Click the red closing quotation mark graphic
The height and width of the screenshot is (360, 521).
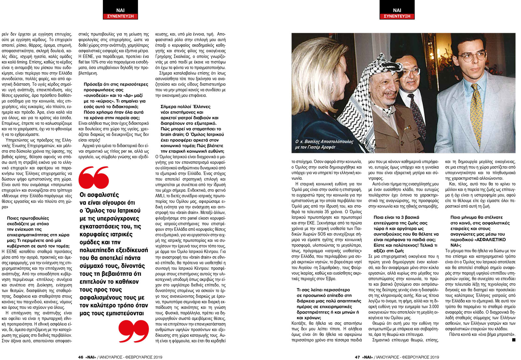(x=134, y=331)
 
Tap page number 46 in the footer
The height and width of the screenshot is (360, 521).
(x=81, y=357)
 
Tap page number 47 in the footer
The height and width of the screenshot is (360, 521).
(x=357, y=357)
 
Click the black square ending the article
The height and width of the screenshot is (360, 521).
(x=514, y=340)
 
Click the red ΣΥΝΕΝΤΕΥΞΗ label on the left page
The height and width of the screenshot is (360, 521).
(x=120, y=16)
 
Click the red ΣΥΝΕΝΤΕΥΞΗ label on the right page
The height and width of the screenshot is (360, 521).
(x=397, y=16)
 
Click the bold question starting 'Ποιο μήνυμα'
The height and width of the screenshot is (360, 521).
(x=480, y=231)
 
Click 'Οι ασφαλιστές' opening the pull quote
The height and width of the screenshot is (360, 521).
(x=99, y=195)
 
